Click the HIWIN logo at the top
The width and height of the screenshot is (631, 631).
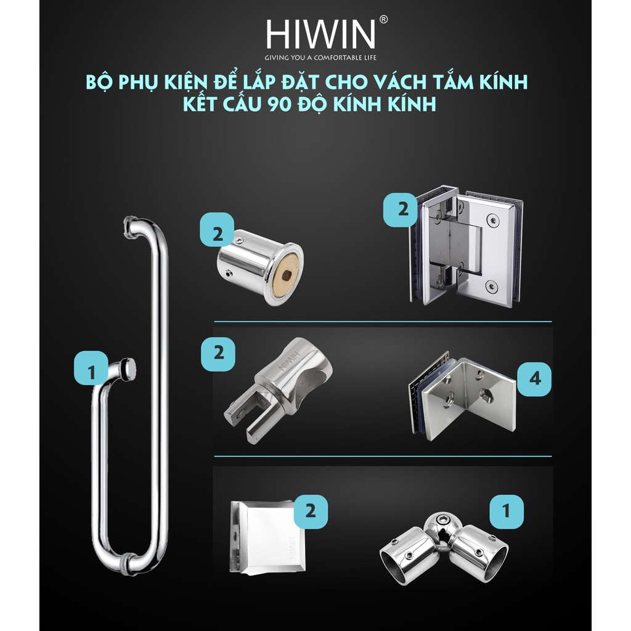pos(320,34)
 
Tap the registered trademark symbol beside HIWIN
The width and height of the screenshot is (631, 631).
pos(383,20)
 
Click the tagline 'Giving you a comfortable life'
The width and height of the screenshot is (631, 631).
pos(320,57)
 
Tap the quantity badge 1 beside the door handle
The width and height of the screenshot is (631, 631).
pos(91,368)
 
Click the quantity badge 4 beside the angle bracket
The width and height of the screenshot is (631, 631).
pos(534,379)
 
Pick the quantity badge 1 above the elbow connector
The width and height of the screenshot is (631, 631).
pos(507,511)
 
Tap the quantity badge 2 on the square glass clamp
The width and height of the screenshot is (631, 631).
pos(311,511)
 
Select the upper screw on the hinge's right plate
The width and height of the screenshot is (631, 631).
pos(491,220)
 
